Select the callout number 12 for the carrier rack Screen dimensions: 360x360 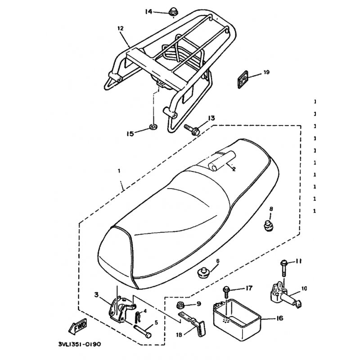(x=120, y=28)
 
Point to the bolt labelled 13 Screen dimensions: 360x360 (x=192, y=129)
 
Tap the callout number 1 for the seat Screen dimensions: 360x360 (x=119, y=171)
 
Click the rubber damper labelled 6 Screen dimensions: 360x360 (x=203, y=271)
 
